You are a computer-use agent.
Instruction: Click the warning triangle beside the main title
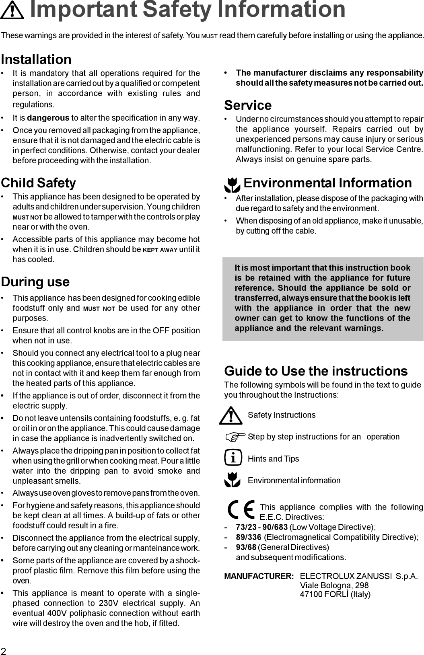(12, 11)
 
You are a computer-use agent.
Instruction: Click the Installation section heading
(36, 60)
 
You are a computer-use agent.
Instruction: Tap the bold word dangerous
(48, 118)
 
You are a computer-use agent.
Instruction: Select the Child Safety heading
(38, 183)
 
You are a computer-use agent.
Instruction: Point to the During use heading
(35, 282)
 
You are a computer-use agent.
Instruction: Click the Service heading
(248, 105)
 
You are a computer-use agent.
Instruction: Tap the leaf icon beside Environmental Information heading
(232, 185)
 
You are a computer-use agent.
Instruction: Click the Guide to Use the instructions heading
(316, 371)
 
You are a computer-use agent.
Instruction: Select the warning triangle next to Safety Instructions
(231, 416)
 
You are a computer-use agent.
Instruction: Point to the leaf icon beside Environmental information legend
(232, 479)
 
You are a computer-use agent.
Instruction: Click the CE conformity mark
(241, 510)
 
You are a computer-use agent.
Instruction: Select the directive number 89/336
(249, 537)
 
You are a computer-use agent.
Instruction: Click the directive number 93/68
(246, 547)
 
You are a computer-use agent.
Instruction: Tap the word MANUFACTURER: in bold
(259, 577)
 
